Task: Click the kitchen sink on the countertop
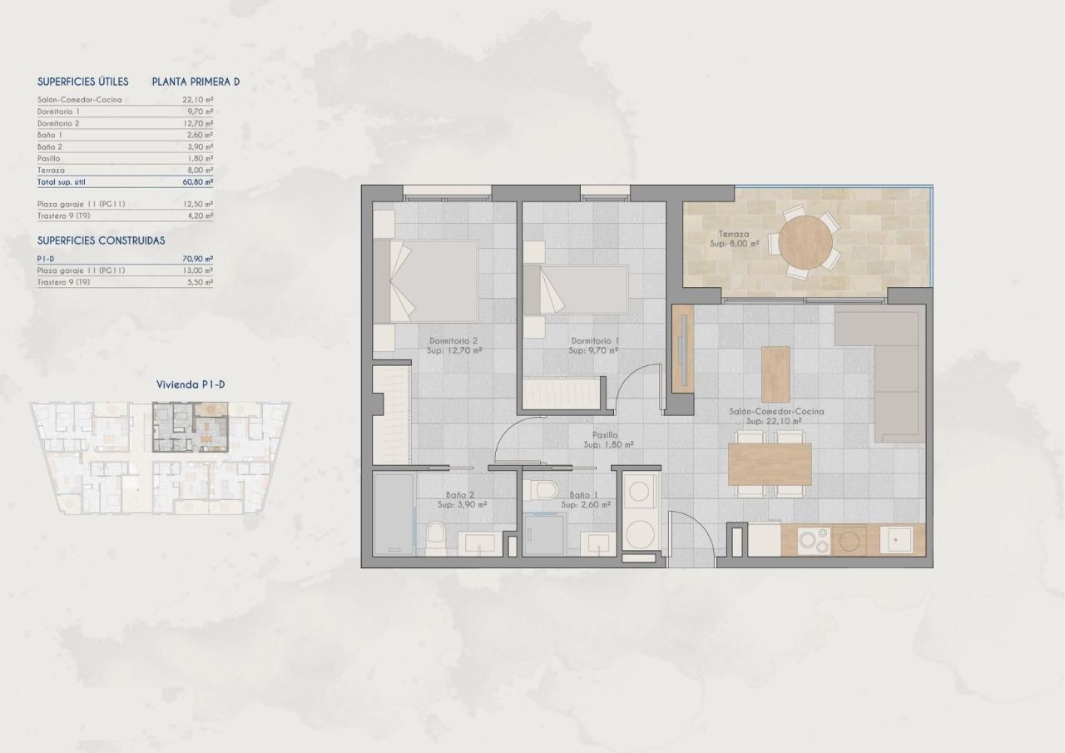(899, 540)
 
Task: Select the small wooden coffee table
(775, 374)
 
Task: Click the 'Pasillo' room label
(604, 434)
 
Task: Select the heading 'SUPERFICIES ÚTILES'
(83, 82)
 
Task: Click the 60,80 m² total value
(197, 181)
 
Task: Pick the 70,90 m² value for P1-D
(197, 259)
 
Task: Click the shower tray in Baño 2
(392, 514)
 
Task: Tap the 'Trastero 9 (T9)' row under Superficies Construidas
(64, 283)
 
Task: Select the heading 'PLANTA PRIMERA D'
(196, 82)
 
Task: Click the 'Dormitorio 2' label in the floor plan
(453, 341)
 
